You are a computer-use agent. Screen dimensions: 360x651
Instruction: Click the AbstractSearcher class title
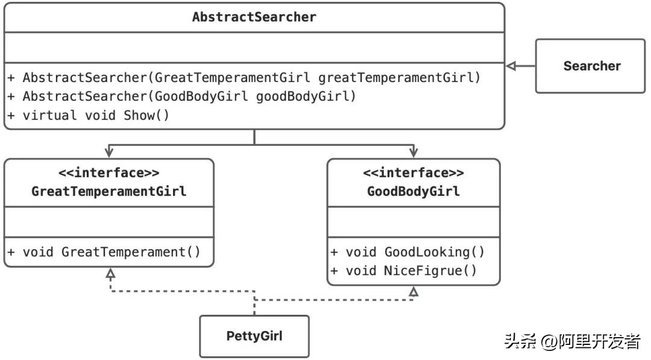click(x=254, y=17)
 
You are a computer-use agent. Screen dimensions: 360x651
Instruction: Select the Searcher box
click(x=591, y=66)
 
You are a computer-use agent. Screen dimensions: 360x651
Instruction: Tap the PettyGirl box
click(x=254, y=336)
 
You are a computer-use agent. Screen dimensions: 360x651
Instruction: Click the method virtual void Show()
click(x=89, y=115)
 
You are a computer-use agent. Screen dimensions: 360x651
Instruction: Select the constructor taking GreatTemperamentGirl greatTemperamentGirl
click(x=244, y=78)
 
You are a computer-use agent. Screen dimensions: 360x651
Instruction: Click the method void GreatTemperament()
click(x=104, y=252)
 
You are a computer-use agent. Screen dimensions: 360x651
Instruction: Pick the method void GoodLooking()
click(x=407, y=252)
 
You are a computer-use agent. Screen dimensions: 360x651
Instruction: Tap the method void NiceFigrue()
click(x=404, y=271)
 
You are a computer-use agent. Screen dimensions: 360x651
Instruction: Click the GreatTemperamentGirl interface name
click(x=108, y=192)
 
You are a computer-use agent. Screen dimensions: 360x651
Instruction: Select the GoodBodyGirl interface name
click(x=413, y=192)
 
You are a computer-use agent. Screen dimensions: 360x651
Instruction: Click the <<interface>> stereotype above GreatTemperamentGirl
click(x=108, y=173)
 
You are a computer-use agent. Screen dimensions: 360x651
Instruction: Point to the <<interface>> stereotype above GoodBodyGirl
click(x=413, y=173)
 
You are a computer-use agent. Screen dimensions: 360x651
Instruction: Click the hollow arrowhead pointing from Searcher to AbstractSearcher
click(x=511, y=66)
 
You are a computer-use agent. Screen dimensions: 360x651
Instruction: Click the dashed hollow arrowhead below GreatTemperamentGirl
click(x=110, y=273)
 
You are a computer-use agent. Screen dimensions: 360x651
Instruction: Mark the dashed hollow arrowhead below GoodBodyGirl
click(x=413, y=292)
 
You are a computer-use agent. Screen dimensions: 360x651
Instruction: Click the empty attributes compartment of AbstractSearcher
click(x=254, y=47)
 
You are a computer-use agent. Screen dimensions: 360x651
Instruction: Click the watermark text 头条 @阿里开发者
click(x=572, y=341)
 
